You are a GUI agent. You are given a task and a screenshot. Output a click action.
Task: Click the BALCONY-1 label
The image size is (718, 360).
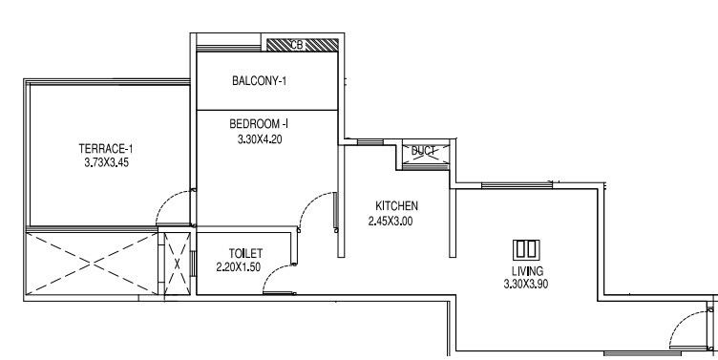(260, 81)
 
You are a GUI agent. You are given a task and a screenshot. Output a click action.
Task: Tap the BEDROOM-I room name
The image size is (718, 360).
(260, 124)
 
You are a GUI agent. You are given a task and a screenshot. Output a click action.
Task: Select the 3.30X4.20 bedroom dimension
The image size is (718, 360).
(260, 139)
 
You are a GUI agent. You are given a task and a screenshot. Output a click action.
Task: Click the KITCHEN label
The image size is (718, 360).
(396, 206)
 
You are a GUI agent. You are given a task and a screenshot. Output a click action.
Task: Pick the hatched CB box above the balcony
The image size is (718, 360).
(302, 44)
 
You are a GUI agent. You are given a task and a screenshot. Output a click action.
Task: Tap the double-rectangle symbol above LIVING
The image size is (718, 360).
(526, 249)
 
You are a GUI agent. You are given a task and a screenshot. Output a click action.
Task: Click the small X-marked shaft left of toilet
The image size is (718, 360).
(175, 264)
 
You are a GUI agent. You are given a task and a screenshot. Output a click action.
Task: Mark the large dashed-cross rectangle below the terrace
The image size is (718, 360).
(91, 264)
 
